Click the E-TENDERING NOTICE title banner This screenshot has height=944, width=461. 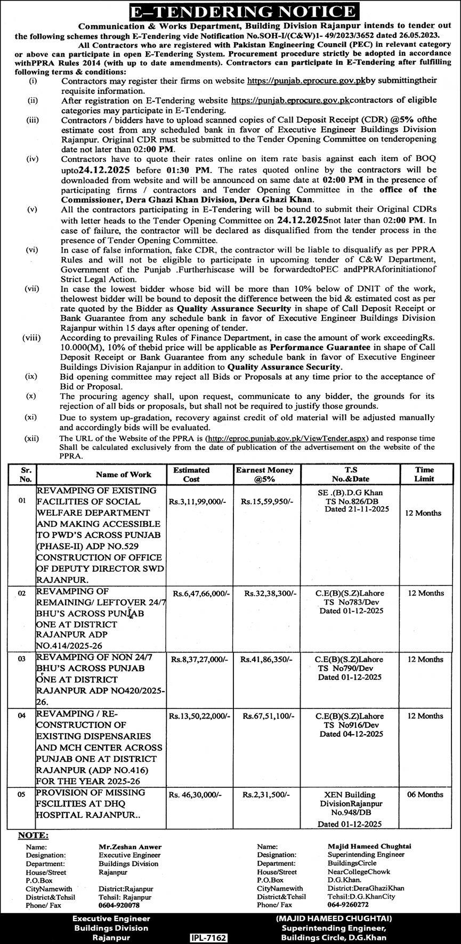click(x=230, y=12)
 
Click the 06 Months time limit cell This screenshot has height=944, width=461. click(x=425, y=794)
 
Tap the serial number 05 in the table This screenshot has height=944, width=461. click(x=21, y=794)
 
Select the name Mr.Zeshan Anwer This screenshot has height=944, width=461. click(x=130, y=847)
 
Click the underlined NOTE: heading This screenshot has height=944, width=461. click(x=33, y=836)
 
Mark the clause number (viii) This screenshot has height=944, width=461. click(x=31, y=338)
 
